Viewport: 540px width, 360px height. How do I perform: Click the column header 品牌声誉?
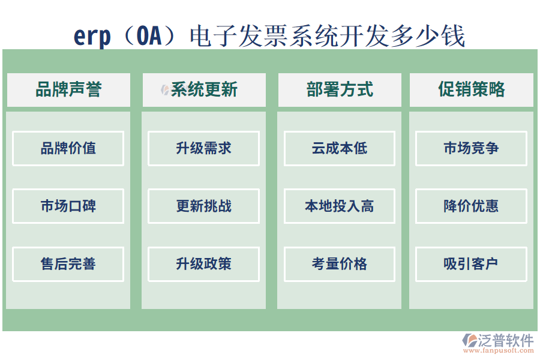[68, 90]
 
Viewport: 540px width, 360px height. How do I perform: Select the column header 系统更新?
[204, 90]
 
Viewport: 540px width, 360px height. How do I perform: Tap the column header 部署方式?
[340, 90]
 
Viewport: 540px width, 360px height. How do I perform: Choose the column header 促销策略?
[471, 90]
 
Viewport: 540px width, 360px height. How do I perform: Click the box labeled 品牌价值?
[68, 148]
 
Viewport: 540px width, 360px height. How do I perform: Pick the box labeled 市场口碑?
[68, 206]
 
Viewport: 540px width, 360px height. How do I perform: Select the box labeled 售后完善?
[68, 264]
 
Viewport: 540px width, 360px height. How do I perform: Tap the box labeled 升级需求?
[204, 148]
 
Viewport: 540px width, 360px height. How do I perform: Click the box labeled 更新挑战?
[204, 206]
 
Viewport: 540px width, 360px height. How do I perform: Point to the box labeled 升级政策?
[204, 264]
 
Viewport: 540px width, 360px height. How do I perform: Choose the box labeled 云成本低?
[340, 148]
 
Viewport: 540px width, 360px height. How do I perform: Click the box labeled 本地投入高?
[340, 206]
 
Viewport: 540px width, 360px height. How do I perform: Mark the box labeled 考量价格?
[340, 264]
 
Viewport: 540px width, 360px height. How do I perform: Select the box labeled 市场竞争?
[471, 148]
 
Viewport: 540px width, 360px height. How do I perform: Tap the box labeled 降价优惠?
[471, 206]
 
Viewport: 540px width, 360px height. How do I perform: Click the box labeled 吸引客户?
[471, 264]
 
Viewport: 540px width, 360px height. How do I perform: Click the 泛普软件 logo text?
[505, 341]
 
